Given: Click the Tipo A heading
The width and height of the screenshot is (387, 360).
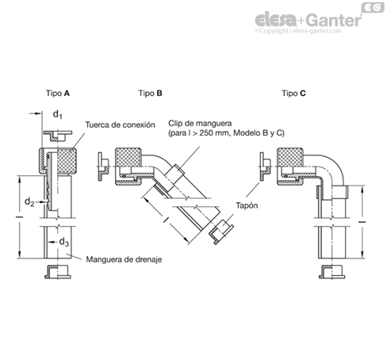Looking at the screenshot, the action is coord(58,94).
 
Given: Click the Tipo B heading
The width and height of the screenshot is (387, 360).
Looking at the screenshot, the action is coord(150,94).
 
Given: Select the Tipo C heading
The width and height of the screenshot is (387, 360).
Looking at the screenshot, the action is coord(293,94).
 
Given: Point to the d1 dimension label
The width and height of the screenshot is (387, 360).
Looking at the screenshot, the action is coord(57,114).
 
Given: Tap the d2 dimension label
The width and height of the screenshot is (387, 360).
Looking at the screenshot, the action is coord(29,202).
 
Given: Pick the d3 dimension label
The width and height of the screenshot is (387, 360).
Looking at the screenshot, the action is coord(63,242).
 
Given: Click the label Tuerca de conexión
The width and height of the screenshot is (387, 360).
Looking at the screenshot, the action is coord(120,124).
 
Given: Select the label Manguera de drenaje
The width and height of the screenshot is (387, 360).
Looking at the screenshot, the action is coord(124,259).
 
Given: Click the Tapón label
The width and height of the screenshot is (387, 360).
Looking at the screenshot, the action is coord(247,205).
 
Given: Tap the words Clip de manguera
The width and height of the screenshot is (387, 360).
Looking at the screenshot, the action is coord(200,123).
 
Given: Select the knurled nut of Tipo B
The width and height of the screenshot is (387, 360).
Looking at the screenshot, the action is coord(128,157).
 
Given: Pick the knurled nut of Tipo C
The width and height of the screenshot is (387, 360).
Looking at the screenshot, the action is coord(290,157).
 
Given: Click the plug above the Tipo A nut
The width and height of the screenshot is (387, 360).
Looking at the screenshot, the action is coord(58,135).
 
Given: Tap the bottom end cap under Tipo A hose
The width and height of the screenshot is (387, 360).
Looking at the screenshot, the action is coord(58,272).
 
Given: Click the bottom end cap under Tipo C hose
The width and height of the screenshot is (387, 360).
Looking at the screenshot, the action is coord(331,272).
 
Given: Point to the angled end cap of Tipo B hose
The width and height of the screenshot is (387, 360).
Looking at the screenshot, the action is coord(220,232).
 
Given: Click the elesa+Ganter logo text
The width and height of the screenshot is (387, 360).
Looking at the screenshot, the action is coord(308,20).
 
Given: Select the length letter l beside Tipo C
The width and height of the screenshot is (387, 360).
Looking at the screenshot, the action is coord(362,221).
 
